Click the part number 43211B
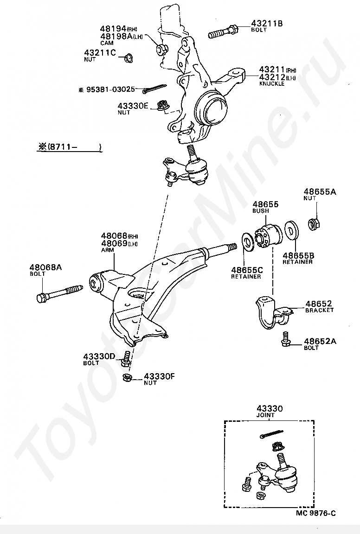tap(267, 23)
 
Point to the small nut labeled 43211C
tap(128, 58)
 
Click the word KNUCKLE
tap(272, 84)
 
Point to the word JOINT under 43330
tap(266, 415)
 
